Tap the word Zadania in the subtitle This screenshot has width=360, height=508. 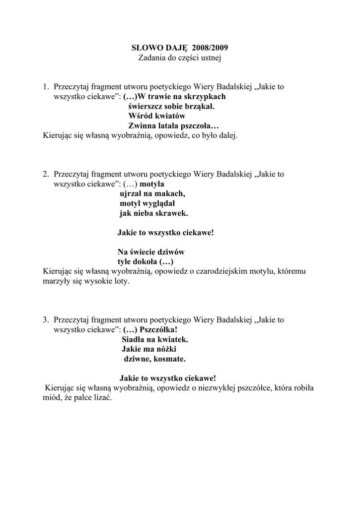coord(153,58)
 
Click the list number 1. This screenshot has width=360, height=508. coord(45,87)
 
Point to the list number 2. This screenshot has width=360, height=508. coord(45,174)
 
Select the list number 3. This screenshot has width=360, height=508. coord(45,320)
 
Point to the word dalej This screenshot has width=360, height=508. coord(227,135)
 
